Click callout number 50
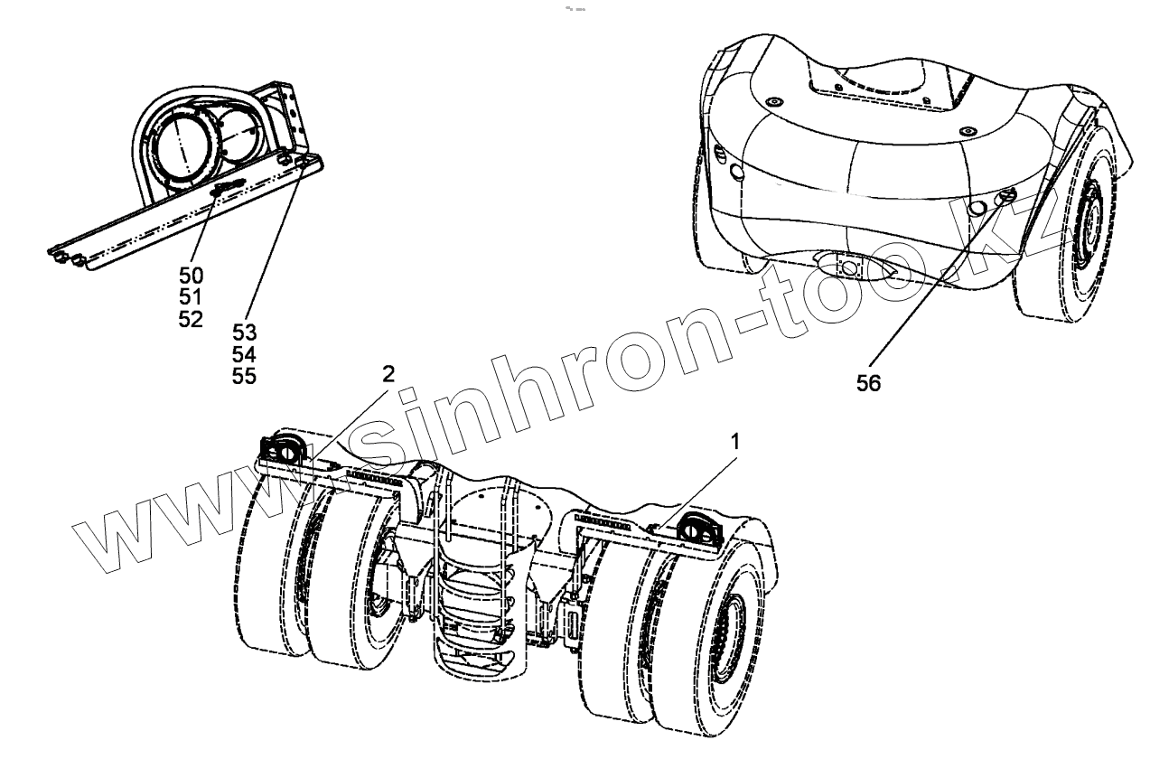tap(191, 275)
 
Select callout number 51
tap(191, 296)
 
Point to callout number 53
tap(244, 333)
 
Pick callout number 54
tap(244, 354)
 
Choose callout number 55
tap(244, 376)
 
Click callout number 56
tap(869, 382)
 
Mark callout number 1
tap(735, 442)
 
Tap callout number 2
tap(388, 374)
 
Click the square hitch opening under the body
tap(848, 267)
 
